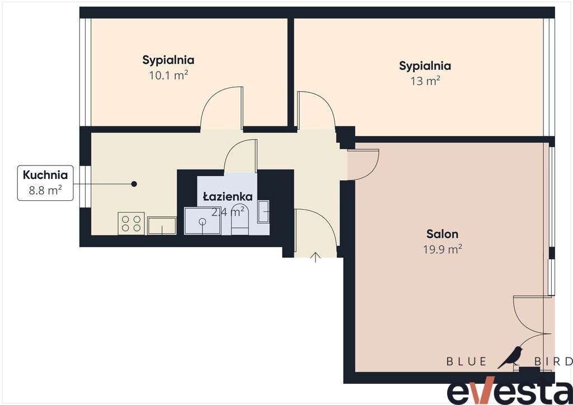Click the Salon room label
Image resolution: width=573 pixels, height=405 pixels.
coord(442,234)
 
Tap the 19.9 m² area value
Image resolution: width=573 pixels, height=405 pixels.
coord(443,249)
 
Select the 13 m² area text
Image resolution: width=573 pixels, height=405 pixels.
coord(425,81)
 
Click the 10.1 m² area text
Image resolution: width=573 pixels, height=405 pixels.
coord(168,75)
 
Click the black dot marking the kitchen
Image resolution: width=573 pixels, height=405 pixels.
coord(134,183)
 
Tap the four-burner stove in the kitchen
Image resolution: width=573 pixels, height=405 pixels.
coord(131,224)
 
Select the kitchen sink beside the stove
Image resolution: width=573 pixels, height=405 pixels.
coord(162,225)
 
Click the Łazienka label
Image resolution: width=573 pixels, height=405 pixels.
coord(228,197)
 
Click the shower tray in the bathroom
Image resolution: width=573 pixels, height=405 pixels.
coord(203,221)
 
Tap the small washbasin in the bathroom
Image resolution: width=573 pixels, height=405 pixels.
coord(264,211)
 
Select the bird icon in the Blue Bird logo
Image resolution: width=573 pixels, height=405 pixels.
coord(511,357)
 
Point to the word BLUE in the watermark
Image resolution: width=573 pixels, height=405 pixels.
coord(467,361)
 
